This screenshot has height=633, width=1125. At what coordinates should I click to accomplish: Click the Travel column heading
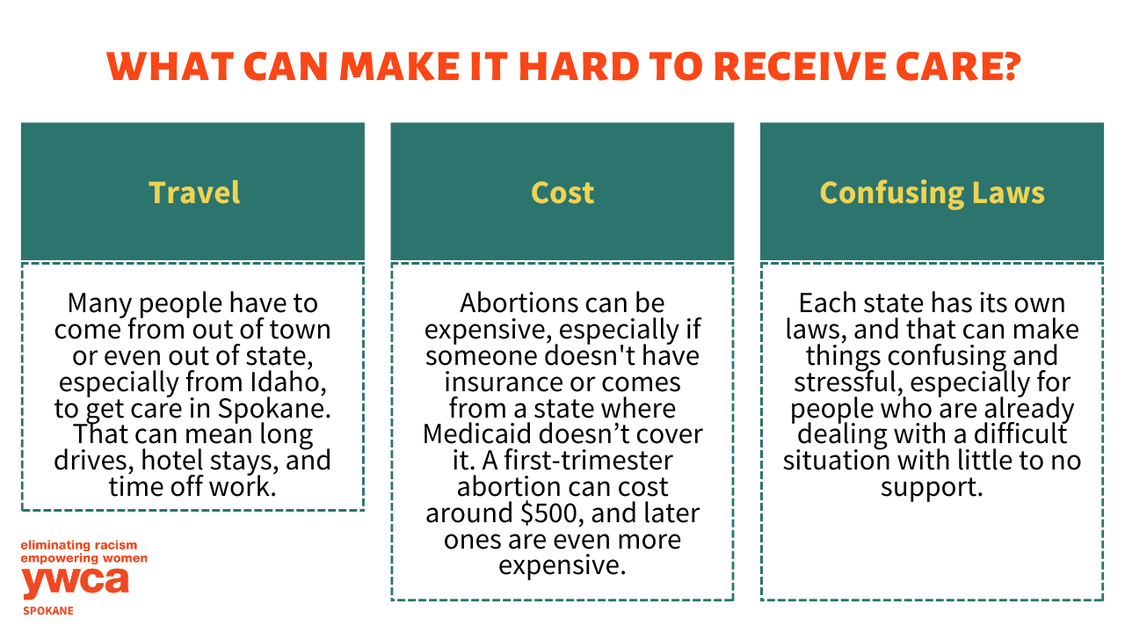[194, 193]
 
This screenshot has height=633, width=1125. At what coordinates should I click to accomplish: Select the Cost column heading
[562, 193]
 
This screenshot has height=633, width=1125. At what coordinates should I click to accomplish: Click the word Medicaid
[477, 434]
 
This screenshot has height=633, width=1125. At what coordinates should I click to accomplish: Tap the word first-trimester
[588, 460]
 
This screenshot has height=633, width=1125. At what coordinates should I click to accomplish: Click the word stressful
[847, 382]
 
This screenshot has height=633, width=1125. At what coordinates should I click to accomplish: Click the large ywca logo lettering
[76, 583]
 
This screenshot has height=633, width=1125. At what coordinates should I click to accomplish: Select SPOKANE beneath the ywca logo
[48, 611]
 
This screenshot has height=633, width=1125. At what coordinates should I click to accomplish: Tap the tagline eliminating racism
[79, 545]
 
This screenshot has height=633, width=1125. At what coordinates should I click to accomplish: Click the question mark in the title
[1010, 66]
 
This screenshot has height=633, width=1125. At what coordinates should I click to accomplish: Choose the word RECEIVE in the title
[800, 66]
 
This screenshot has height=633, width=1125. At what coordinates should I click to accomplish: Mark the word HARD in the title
[578, 66]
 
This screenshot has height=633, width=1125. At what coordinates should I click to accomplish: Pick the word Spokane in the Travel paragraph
[275, 408]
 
